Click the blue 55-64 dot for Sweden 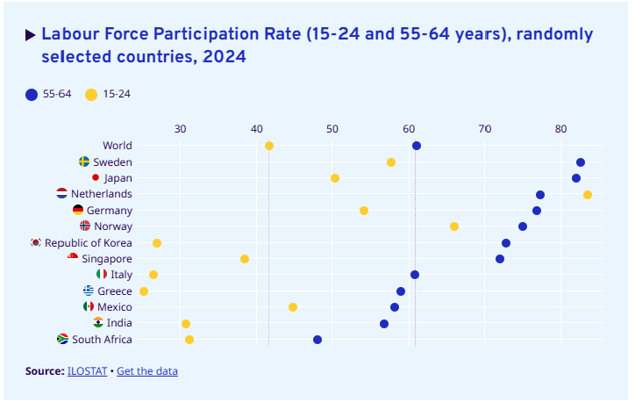pos(581,162)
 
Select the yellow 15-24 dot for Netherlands pos(588,195)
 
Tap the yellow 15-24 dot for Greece pos(144,291)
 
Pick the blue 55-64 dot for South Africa pos(317,340)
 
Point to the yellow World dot pos(269,146)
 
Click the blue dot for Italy pos(415,275)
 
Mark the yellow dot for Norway pos(454,226)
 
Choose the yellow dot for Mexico pos(293,307)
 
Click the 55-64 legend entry pos(49,94)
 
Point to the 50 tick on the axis pos(332,129)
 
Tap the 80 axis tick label pos(560,129)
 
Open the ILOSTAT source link pos(87,371)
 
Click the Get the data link pos(147,371)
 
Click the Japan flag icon pos(96,178)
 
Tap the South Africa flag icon pos(62,340)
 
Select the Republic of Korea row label pos(89,243)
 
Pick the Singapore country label pos(107,259)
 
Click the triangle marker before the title pos(31,35)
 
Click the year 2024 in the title pos(223,57)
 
